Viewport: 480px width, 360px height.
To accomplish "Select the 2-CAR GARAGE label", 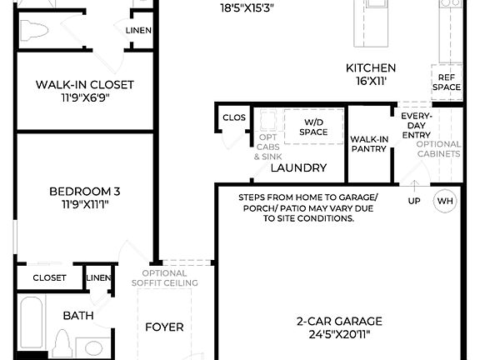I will click(339, 321).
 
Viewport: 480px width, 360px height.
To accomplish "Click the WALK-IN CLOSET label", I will click(84, 84).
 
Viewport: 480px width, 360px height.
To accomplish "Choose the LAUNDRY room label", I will click(298, 167).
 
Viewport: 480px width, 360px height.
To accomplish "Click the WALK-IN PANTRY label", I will click(368, 144).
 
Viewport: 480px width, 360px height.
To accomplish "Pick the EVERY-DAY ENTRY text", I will click(415, 125).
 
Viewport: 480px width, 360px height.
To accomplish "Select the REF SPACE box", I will click(445, 81).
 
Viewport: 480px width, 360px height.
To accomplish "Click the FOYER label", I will click(164, 327).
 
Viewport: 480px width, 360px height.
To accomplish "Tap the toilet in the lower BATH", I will click(62, 343).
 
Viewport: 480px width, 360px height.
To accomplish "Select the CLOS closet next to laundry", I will click(234, 118).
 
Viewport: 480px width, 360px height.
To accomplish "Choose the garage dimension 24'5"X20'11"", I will click(339, 334).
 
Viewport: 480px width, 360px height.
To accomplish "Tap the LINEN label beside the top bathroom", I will click(138, 30).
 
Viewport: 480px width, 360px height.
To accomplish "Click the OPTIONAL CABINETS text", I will click(438, 148).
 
